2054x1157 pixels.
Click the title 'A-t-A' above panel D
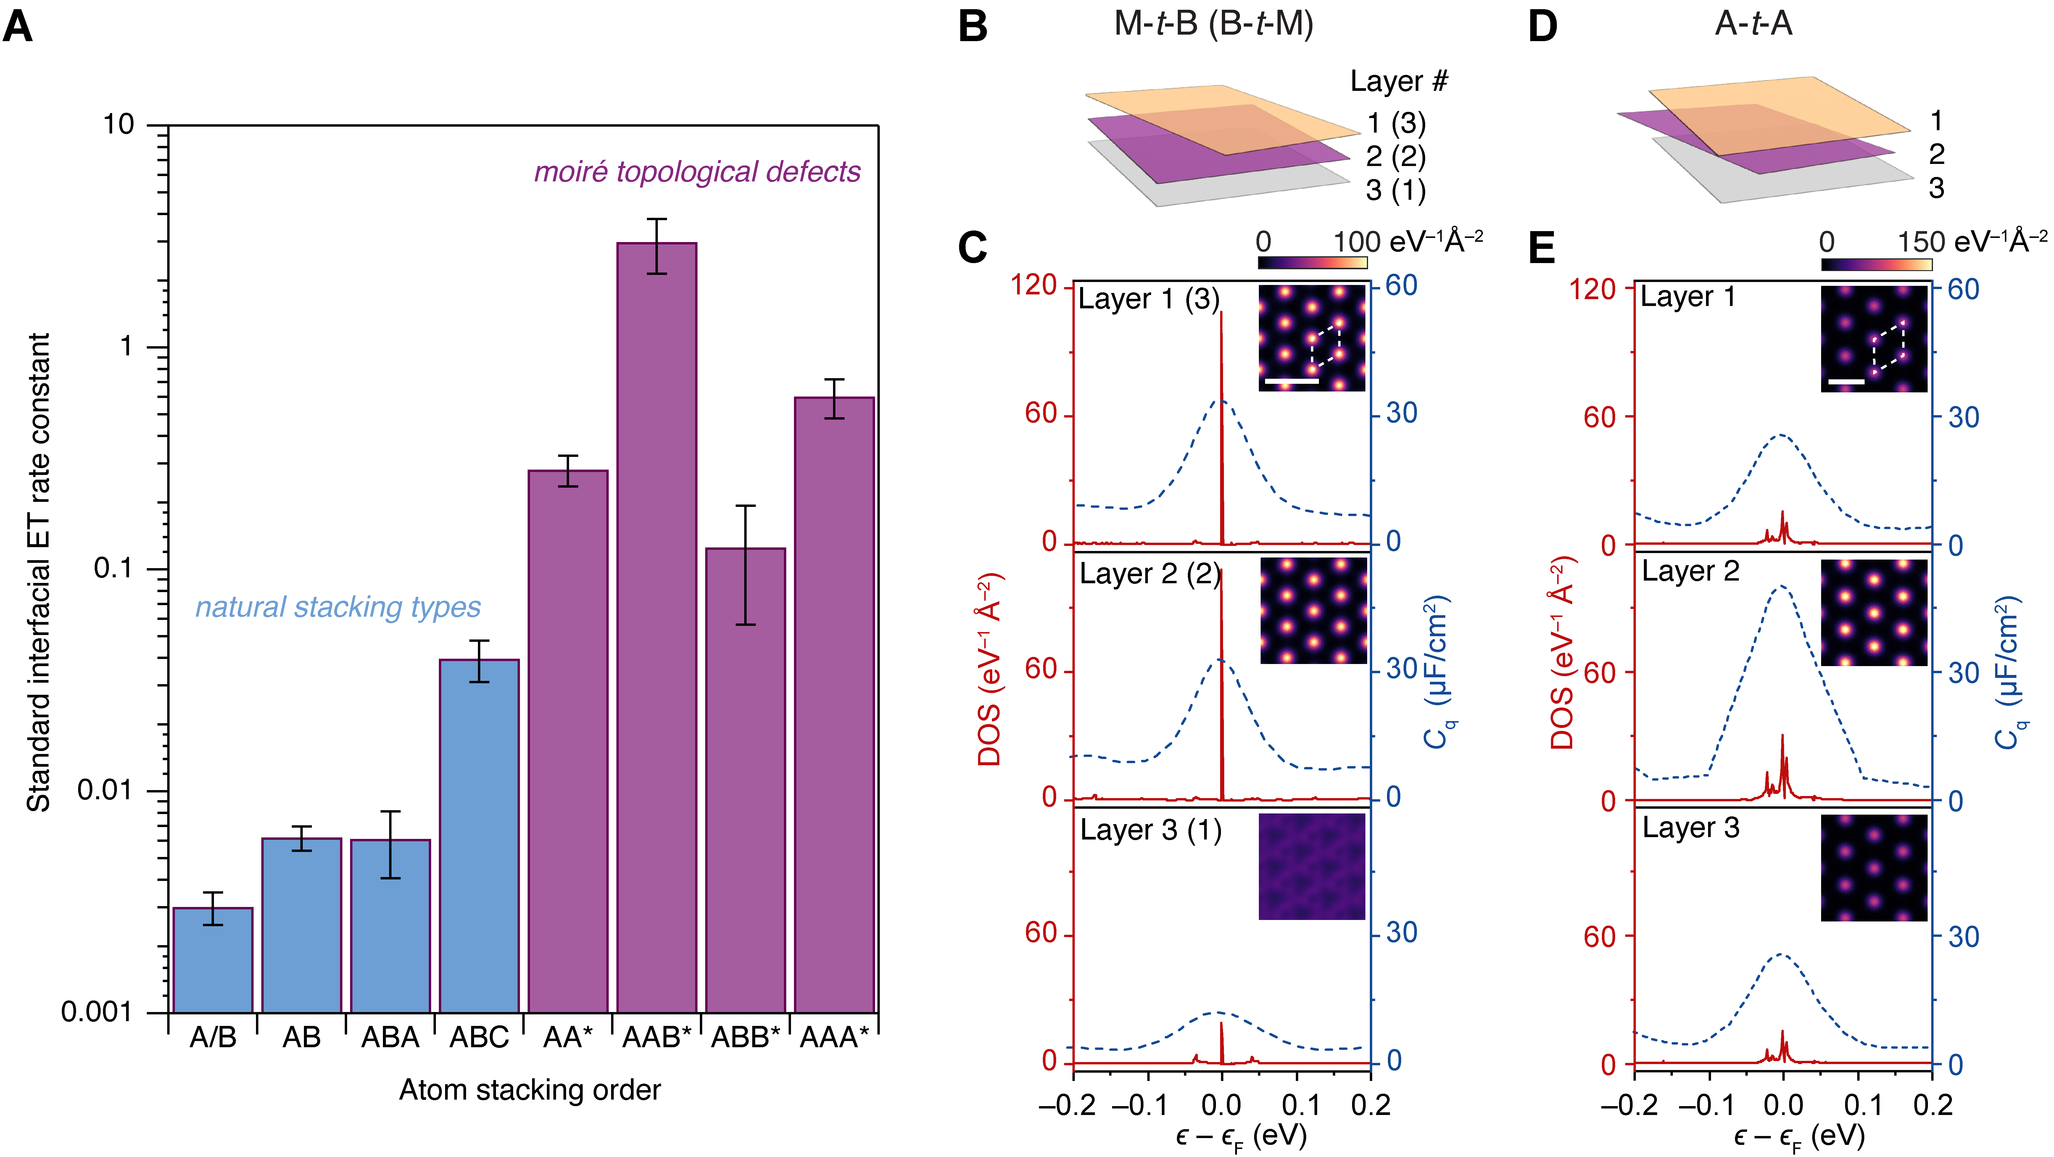tap(1753, 24)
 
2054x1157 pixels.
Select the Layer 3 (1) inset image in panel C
tap(1312, 867)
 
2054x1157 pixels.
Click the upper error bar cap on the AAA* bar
tap(834, 380)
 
